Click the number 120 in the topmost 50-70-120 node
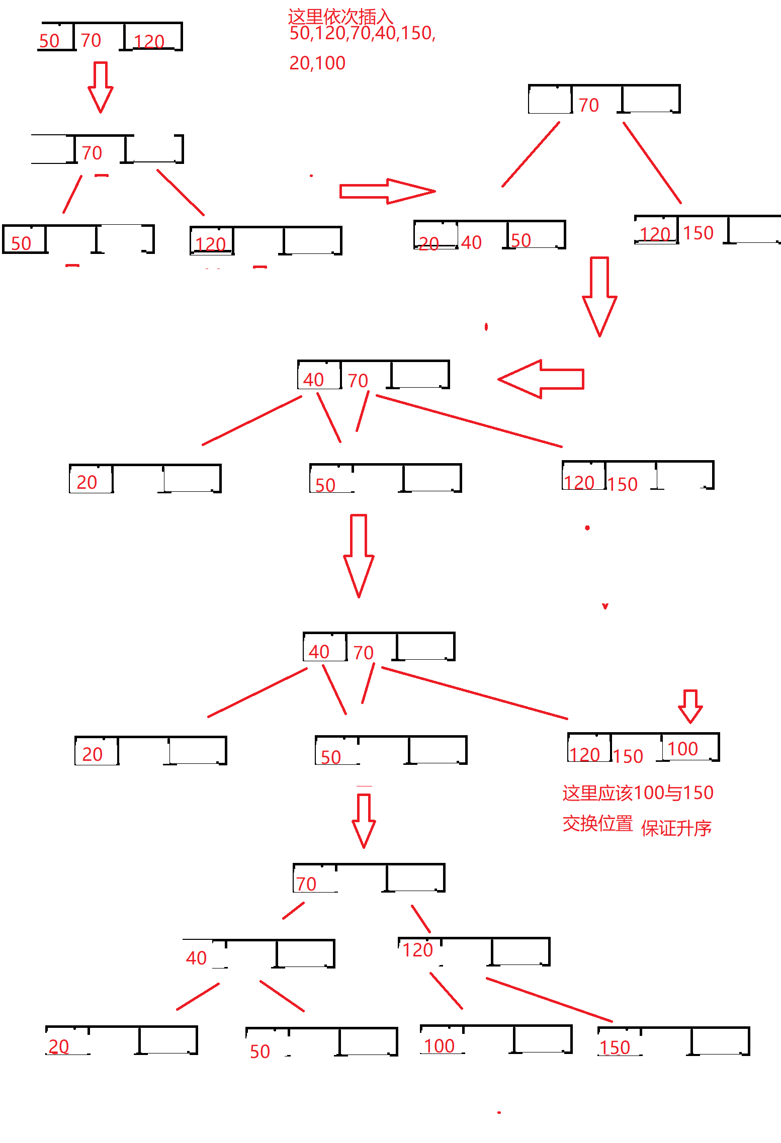(149, 41)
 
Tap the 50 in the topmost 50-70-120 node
(49, 41)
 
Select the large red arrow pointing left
(541, 379)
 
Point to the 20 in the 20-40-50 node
(429, 244)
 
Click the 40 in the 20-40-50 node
(471, 242)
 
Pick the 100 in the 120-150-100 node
(682, 749)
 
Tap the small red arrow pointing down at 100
(690, 706)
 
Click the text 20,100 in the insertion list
(317, 63)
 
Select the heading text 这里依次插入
(340, 17)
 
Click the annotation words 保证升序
(676, 828)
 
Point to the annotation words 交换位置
(597, 824)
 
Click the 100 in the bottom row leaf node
(440, 1046)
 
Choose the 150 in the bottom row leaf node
(615, 1047)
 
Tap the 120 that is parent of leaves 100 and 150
(418, 950)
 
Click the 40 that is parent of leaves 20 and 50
(196, 958)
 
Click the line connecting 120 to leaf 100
(446, 991)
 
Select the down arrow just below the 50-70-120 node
(101, 87)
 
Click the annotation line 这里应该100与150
(638, 793)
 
